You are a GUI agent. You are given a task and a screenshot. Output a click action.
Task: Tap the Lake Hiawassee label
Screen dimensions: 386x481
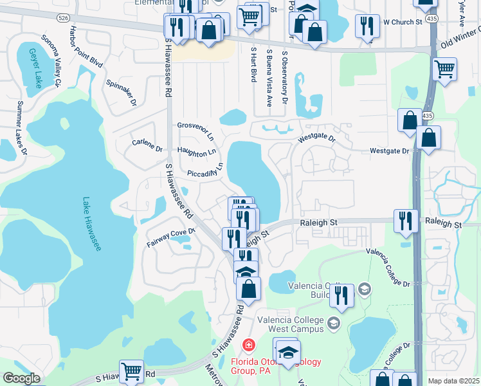tap(91, 224)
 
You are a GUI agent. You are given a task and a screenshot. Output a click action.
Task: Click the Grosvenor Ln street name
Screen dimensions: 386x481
tap(195, 130)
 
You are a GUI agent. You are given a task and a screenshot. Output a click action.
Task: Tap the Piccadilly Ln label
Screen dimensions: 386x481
tap(205, 171)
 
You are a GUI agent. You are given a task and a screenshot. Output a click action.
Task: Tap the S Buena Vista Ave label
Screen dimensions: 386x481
tap(269, 78)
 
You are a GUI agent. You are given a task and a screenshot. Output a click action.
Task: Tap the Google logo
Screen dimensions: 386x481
tap(21, 378)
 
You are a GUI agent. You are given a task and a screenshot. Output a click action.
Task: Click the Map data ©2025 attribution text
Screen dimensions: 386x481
tap(454, 381)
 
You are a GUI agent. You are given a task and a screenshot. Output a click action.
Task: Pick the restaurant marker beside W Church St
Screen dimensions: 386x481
tap(367, 26)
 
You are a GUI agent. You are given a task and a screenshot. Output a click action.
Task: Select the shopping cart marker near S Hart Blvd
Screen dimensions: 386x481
tap(249, 17)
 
